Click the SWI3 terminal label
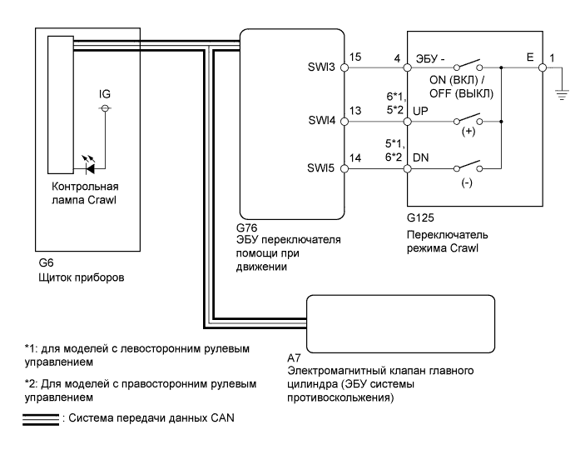click(x=321, y=67)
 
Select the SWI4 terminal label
click(x=321, y=121)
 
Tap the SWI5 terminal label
click(x=321, y=167)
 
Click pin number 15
click(x=355, y=57)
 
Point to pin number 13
click(x=355, y=111)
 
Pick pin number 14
click(x=355, y=157)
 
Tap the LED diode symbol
click(x=88, y=164)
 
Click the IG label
click(x=105, y=94)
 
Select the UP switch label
click(x=420, y=111)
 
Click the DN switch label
click(x=420, y=157)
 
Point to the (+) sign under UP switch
click(x=468, y=132)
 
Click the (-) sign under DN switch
click(x=467, y=182)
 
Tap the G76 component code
click(x=247, y=227)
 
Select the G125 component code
click(x=420, y=217)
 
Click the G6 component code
click(x=46, y=262)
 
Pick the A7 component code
click(x=294, y=357)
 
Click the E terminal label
click(x=530, y=57)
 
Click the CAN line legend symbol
click(x=41, y=420)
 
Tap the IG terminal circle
click(x=105, y=108)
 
